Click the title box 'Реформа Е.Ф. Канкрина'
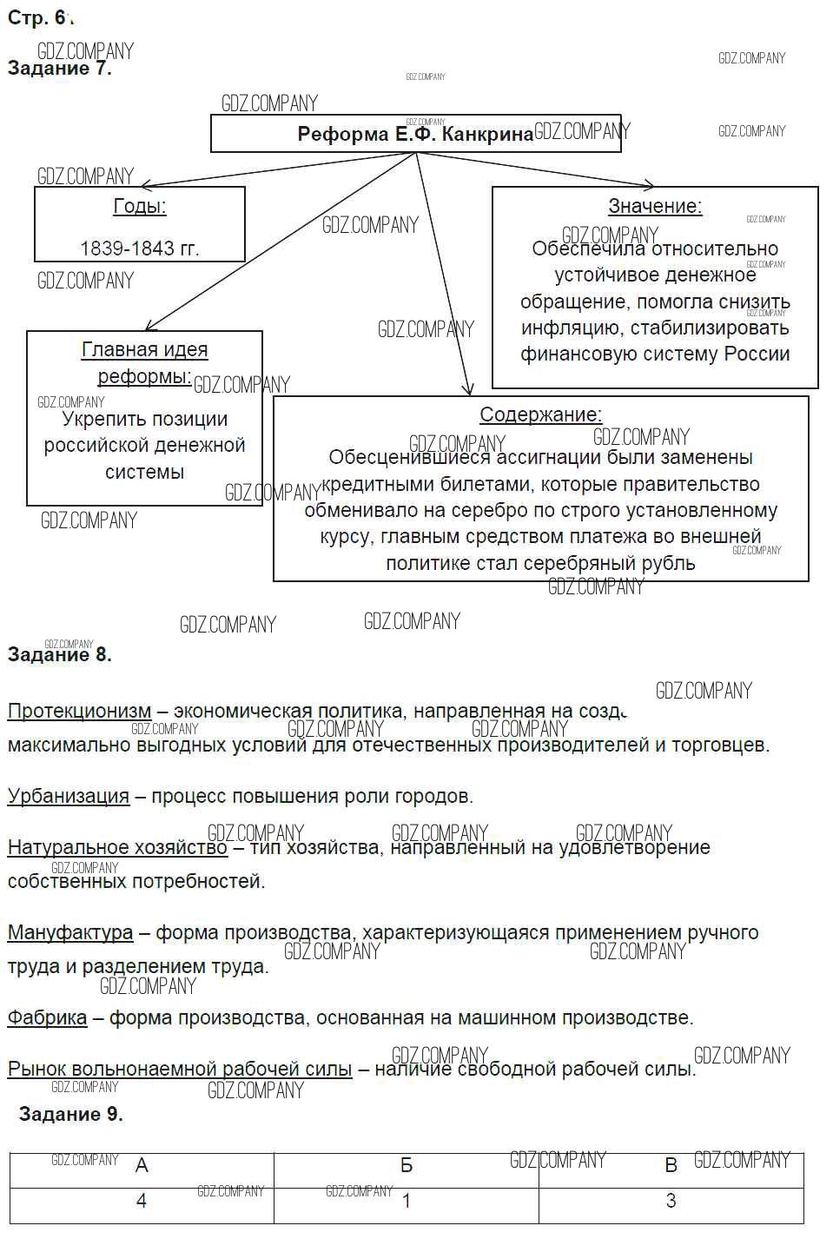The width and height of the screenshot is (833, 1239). point(415,134)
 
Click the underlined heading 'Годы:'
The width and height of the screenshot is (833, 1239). point(140,206)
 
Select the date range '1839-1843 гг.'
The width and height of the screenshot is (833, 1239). point(140,248)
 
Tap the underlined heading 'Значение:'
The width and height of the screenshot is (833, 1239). point(655,206)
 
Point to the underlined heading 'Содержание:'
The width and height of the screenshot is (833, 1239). point(540,414)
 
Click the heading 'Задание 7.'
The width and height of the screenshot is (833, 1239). point(60,69)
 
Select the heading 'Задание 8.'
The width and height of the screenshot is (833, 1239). point(60,654)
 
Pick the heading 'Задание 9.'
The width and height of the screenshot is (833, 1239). point(71,1114)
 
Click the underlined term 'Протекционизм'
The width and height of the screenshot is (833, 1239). point(79,711)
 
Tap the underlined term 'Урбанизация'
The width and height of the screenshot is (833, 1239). point(69,796)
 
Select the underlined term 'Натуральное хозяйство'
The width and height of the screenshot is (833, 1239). point(117,847)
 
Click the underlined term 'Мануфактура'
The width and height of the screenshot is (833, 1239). point(70,932)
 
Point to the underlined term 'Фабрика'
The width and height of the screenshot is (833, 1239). point(48,1017)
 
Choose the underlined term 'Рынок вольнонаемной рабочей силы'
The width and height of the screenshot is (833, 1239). point(180,1069)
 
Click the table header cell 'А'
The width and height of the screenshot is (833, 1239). point(142,1166)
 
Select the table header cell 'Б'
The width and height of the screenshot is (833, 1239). point(407,1166)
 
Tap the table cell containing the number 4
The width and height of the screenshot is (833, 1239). point(142,1202)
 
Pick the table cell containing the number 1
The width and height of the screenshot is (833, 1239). point(407,1202)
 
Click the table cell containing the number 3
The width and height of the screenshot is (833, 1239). point(671,1202)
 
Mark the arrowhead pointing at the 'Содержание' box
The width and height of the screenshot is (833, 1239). point(468,390)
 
